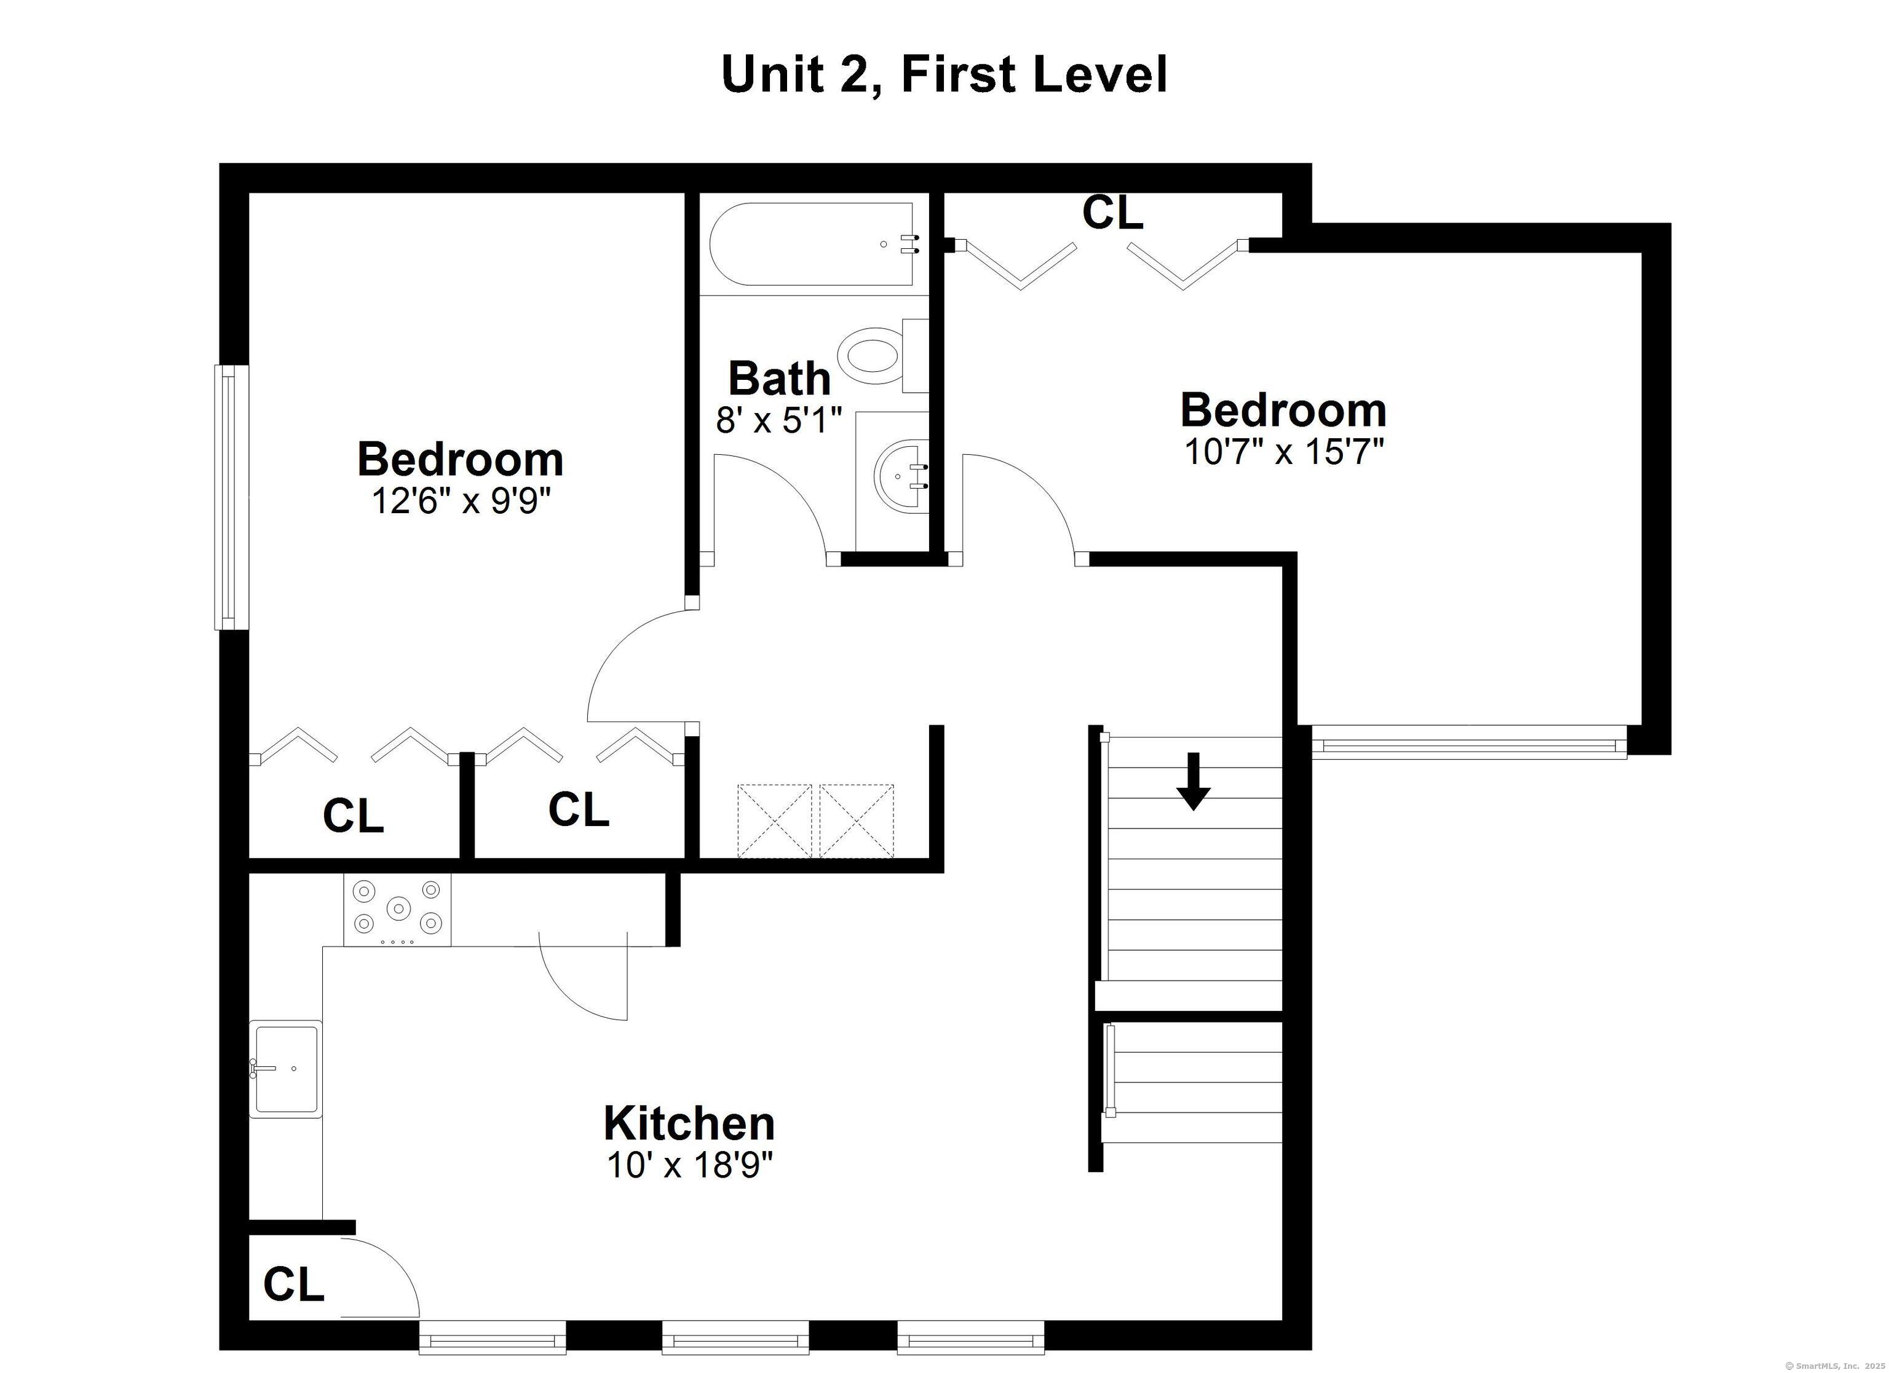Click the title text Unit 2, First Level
coord(944,74)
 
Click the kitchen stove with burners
coord(397,909)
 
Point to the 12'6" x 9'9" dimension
coord(461,502)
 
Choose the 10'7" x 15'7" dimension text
coord(1283,452)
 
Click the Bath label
coord(780,379)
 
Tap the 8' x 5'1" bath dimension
coord(780,420)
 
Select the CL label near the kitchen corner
coord(293,1284)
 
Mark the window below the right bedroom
coord(1469,742)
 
